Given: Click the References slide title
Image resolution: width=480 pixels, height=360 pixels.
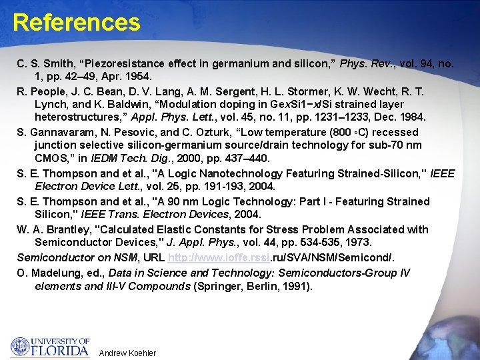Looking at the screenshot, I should click(76, 23).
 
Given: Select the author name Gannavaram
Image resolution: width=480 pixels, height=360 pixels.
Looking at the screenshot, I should click(62, 132).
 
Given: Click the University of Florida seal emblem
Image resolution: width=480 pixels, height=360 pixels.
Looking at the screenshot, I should click(20, 347).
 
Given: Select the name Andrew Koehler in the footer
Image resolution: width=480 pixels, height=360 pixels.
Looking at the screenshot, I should click(127, 353).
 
